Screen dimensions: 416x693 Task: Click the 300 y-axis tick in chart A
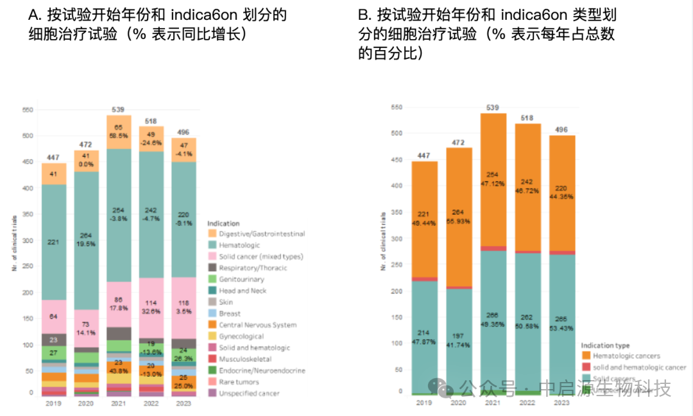[x=26, y=241]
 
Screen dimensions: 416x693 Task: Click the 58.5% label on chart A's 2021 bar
[x=119, y=137]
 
